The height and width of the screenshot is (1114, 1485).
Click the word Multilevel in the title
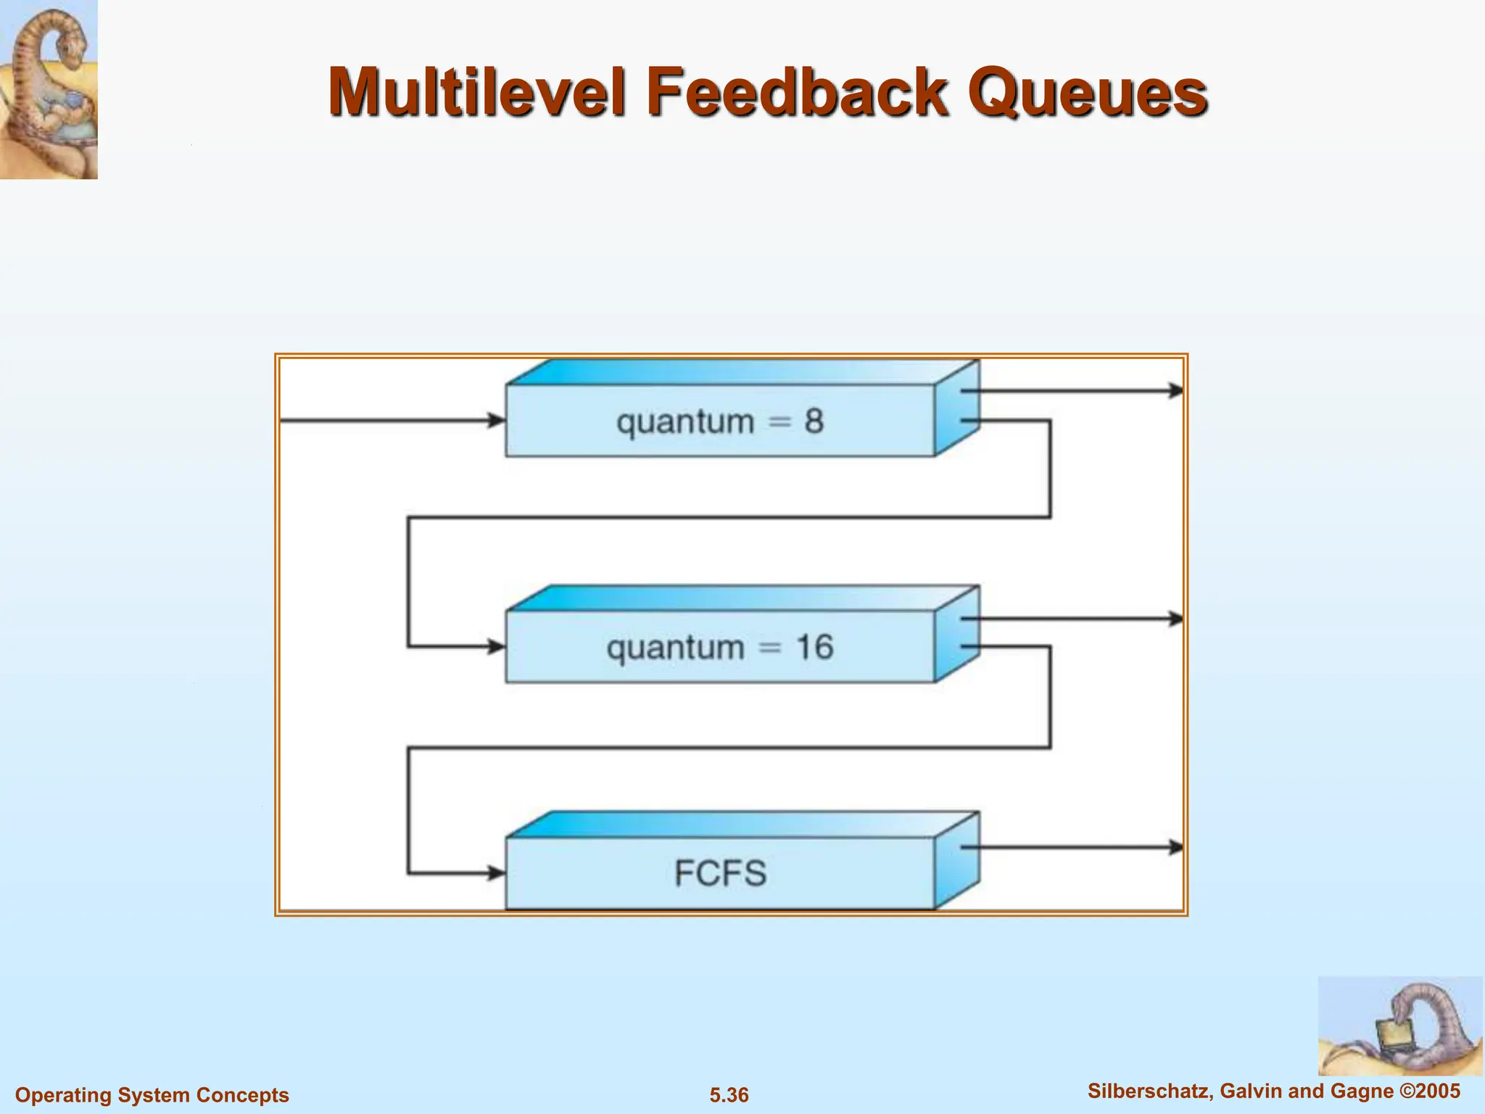tap(475, 93)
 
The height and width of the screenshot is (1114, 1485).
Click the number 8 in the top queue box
tap(814, 421)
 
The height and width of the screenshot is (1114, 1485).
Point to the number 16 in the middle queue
tap(814, 647)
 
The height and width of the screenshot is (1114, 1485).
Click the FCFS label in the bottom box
tap(720, 872)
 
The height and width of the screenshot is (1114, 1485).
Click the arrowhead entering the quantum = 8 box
tap(497, 420)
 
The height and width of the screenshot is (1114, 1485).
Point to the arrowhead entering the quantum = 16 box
tap(497, 646)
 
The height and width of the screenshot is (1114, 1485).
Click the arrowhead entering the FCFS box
tap(497, 872)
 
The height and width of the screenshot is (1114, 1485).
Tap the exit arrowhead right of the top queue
tap(1175, 390)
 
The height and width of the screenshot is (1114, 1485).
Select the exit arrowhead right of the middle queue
tap(1175, 619)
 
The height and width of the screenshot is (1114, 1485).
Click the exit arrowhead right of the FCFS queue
tap(1175, 846)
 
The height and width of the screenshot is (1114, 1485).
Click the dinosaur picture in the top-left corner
tap(49, 88)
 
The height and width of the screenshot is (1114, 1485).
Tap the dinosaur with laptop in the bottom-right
tap(1399, 1026)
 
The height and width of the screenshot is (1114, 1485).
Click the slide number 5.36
tap(729, 1095)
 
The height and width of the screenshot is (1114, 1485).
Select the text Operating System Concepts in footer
tap(152, 1095)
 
